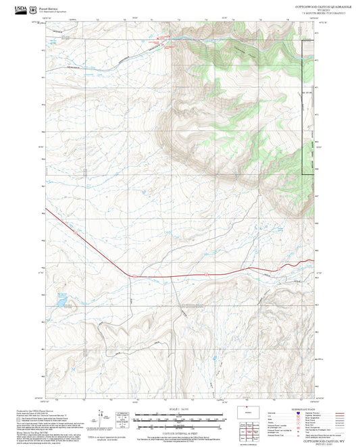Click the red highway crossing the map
pos(203,273)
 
